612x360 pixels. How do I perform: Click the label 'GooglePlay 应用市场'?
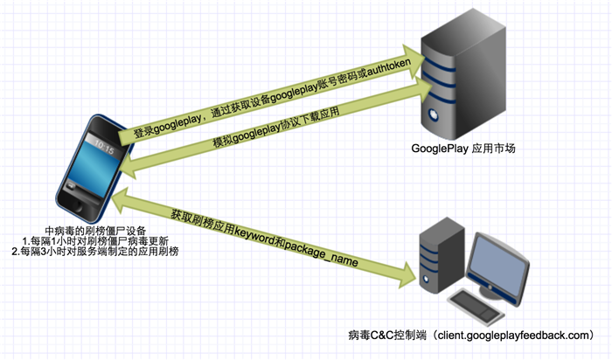click(463, 149)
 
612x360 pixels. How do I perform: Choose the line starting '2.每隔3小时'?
click(96, 252)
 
